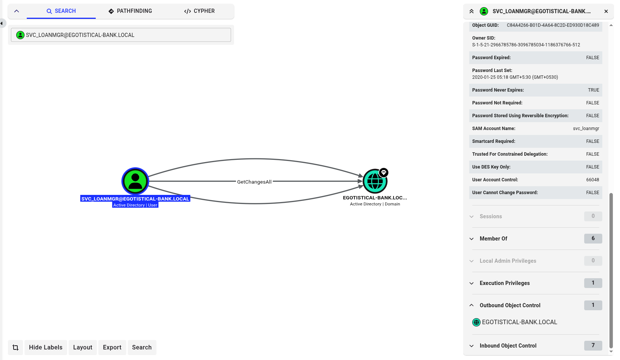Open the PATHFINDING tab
click(x=130, y=11)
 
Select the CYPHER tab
click(x=199, y=11)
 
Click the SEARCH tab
click(x=61, y=11)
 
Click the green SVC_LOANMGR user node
click(x=135, y=181)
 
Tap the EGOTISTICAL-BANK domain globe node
click(x=375, y=181)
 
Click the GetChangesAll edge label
click(x=254, y=182)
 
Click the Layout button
click(x=83, y=347)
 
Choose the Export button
click(x=112, y=347)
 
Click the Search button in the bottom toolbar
click(x=142, y=347)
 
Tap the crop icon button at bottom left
click(x=15, y=347)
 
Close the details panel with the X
click(x=606, y=11)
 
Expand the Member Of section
click(x=493, y=239)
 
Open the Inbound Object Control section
click(x=508, y=346)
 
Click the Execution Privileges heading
click(x=505, y=283)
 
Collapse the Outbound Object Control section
click(x=510, y=305)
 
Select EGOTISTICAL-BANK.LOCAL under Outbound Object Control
click(x=515, y=322)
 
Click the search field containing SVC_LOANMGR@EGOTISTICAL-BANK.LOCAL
click(x=121, y=35)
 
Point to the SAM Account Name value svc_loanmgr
click(x=586, y=129)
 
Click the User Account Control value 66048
click(x=592, y=180)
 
